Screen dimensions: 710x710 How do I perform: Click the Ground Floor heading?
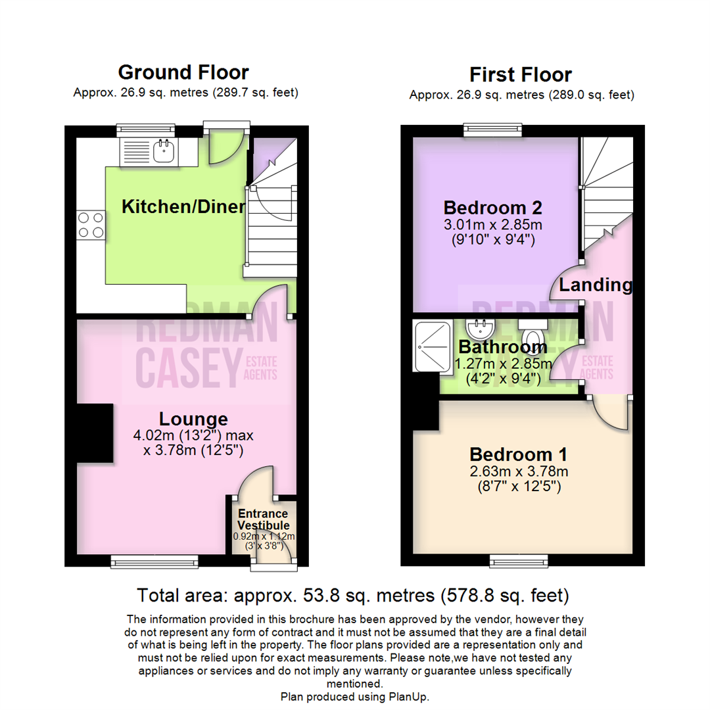183,72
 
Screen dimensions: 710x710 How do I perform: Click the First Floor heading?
521,75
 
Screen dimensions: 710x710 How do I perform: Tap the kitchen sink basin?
164,151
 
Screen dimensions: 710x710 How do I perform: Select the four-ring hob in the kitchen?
91,225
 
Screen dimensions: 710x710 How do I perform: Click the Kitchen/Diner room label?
183,206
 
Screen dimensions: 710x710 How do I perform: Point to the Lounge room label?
193,419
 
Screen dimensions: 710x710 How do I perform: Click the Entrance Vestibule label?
264,519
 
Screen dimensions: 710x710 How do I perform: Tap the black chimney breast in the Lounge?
95,433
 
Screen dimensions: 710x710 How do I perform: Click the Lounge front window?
155,561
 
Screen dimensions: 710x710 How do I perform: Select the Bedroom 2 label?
492,208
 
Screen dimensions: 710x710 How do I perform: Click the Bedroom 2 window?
492,130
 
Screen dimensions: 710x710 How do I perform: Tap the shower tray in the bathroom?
433,346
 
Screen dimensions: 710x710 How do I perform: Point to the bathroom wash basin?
481,329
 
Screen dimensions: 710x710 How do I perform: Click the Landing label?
596,285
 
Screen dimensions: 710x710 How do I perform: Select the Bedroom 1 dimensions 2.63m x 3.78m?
519,471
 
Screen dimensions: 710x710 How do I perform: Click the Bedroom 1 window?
519,561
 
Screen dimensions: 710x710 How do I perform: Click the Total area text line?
353,596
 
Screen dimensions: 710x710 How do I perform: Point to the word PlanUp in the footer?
408,697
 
